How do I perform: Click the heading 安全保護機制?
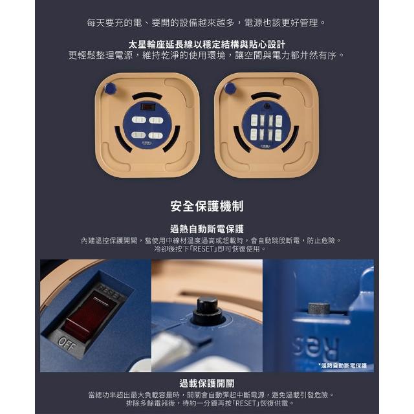207,206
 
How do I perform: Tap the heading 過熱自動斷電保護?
207,228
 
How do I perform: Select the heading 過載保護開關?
207,383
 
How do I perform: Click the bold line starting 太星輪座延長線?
207,45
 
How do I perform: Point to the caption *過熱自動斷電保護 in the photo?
342,365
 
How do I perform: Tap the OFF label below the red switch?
67,343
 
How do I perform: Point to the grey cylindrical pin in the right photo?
319,308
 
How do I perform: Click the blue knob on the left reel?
111,88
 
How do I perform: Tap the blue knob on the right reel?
230,88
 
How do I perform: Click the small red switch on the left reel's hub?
148,107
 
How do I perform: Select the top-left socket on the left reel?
138,120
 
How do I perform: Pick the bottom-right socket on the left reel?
155,135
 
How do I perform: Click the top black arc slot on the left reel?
147,96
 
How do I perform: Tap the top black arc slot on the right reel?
266,96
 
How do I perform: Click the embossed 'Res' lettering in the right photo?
316,349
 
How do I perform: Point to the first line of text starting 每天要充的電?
207,23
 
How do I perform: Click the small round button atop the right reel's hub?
267,106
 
